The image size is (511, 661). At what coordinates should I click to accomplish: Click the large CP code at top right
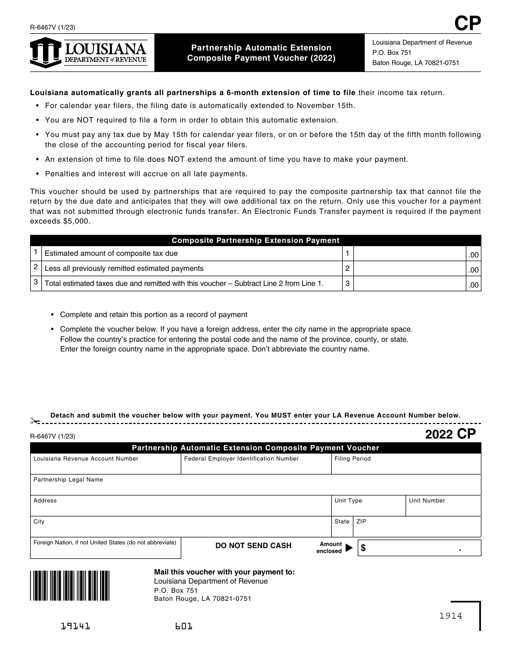pyautogui.click(x=467, y=24)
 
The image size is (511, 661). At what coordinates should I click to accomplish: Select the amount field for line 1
pyautogui.click(x=409, y=254)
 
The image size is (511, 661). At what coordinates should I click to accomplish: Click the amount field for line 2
pyautogui.click(x=409, y=269)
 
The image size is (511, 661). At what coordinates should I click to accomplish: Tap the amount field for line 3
pyautogui.click(x=409, y=284)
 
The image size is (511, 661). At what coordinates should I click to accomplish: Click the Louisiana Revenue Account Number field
pyautogui.click(x=105, y=467)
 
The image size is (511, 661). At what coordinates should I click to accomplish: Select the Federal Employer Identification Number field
pyautogui.click(x=256, y=467)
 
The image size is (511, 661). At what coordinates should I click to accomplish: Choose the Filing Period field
pyautogui.click(x=406, y=467)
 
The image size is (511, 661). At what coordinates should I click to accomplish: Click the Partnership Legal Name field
pyautogui.click(x=256, y=487)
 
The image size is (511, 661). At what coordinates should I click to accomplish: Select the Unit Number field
pyautogui.click(x=443, y=508)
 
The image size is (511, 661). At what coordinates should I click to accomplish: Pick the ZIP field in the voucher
pyautogui.click(x=417, y=529)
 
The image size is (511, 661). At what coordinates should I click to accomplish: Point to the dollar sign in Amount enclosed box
pyautogui.click(x=364, y=548)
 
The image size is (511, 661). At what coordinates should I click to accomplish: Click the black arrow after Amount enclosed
pyautogui.click(x=349, y=548)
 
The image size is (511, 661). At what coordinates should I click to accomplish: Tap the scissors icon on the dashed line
pyautogui.click(x=36, y=421)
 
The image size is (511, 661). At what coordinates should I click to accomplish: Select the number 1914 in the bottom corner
pyautogui.click(x=450, y=616)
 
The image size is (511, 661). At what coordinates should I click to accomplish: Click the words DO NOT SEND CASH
pyautogui.click(x=253, y=545)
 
